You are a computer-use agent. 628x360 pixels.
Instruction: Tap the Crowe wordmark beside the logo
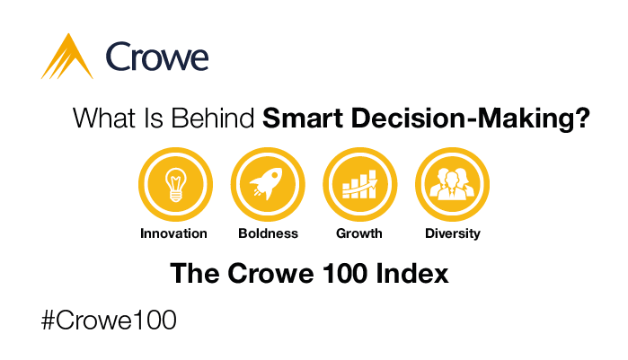tap(157, 57)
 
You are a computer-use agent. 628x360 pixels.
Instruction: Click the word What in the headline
tap(104, 118)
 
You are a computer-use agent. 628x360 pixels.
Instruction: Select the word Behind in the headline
tap(213, 118)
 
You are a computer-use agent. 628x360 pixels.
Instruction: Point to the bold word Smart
tap(303, 118)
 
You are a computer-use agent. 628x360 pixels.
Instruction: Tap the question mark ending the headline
tap(582, 118)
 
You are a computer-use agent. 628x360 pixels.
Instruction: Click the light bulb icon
tap(176, 184)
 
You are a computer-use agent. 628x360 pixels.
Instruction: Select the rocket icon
tap(267, 184)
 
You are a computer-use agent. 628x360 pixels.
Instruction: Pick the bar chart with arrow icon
tap(359, 184)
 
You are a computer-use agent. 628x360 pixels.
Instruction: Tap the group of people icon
tap(452, 184)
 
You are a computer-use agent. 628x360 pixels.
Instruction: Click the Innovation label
tap(173, 233)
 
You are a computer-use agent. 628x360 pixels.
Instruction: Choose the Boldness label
tap(268, 233)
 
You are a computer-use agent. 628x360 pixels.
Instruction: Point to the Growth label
tap(358, 233)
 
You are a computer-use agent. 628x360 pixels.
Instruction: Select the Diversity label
tap(453, 233)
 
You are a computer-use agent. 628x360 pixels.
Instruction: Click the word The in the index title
tap(195, 274)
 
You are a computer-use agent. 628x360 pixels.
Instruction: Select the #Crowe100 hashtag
tap(109, 320)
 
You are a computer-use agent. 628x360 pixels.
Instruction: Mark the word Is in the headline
tap(154, 118)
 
